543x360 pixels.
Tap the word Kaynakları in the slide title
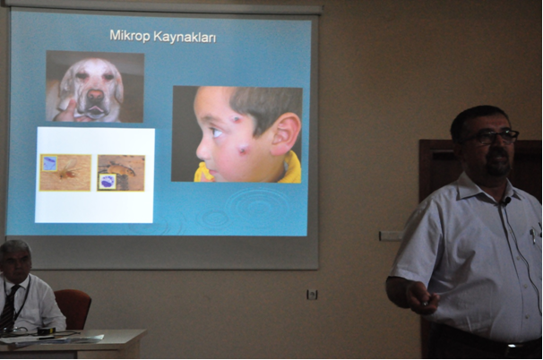[185, 37]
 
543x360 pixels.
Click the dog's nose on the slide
[96, 95]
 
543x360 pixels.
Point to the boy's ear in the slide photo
[286, 134]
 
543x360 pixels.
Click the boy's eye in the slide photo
[217, 132]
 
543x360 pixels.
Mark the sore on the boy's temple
[237, 119]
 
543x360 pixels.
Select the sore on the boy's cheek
[242, 150]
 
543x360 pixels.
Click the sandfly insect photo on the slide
[65, 172]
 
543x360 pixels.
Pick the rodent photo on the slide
[121, 173]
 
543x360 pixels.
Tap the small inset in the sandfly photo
[49, 163]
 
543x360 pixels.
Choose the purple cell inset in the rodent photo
[108, 182]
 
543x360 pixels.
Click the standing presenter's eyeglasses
[492, 137]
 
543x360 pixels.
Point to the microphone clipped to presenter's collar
[506, 201]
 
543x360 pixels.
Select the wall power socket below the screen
[312, 295]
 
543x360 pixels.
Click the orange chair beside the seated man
[73, 308]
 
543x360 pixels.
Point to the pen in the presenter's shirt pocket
[532, 235]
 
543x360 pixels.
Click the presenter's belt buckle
[512, 346]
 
